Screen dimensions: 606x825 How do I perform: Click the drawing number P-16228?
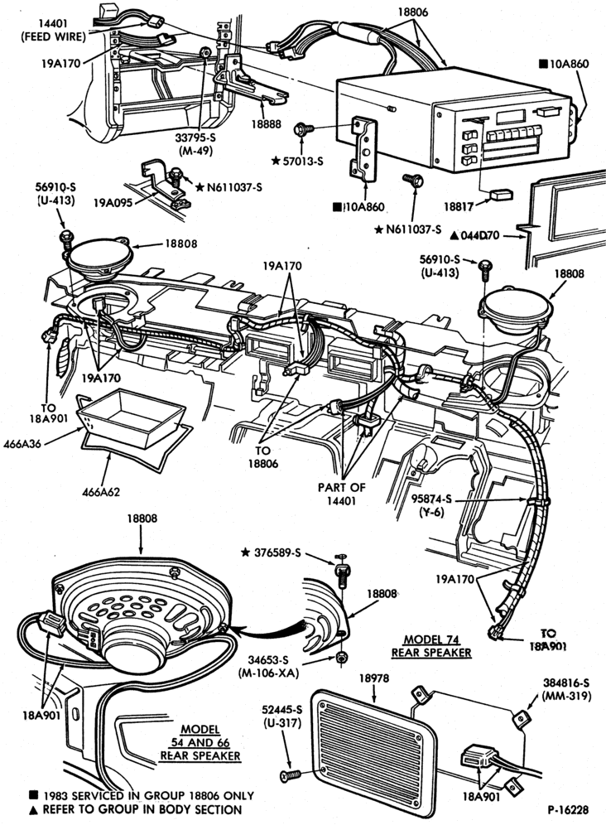(568, 810)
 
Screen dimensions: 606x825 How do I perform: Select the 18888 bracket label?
(266, 125)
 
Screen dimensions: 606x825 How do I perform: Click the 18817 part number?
(458, 206)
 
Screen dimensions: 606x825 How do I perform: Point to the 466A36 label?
(22, 443)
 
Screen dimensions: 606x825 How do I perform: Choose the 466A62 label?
(101, 492)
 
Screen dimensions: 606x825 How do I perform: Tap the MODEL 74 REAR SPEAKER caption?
(431, 645)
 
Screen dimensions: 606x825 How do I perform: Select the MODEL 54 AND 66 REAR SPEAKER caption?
(200, 742)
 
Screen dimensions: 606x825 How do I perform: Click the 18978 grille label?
(374, 678)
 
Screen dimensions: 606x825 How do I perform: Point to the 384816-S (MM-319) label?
(565, 689)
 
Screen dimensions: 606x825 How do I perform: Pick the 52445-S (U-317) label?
(282, 716)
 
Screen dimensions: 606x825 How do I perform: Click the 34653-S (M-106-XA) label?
(268, 666)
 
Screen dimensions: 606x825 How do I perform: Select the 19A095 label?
(113, 201)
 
